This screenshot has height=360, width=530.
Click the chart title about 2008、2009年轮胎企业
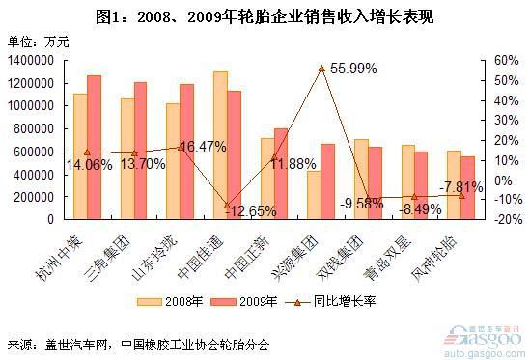[x=264, y=15]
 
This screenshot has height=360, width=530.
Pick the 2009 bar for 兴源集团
[x=328, y=181]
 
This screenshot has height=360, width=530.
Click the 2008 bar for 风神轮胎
[x=454, y=184]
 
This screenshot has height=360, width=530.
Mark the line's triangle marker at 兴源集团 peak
[x=321, y=69]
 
